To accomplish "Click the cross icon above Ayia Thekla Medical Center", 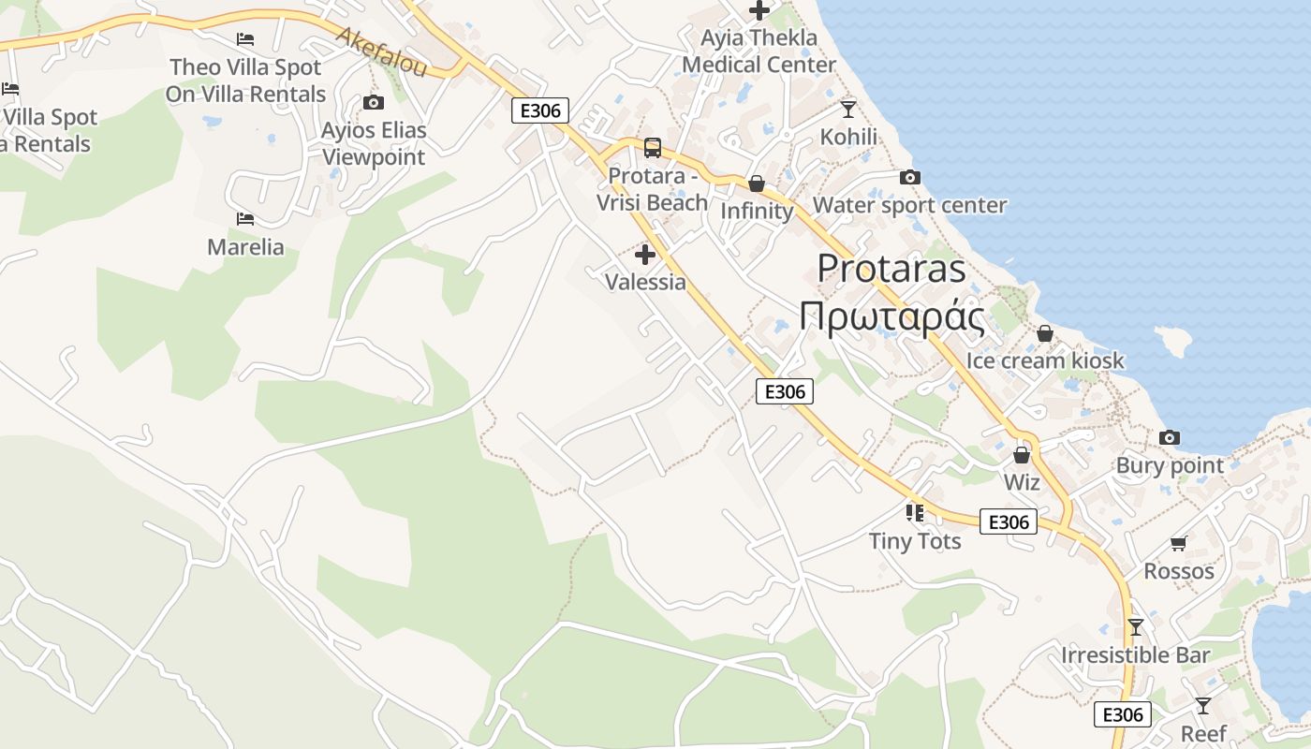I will [x=759, y=10].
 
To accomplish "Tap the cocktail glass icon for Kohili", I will [x=848, y=109].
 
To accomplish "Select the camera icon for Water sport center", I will [x=909, y=177].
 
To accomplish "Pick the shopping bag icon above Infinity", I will [x=757, y=184].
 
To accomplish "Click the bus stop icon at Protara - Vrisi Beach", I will [x=653, y=148].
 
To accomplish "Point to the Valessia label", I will [x=645, y=282].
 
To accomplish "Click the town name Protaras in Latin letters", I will [x=891, y=269].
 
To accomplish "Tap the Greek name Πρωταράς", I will [x=891, y=317].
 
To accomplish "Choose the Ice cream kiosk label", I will [x=1045, y=360].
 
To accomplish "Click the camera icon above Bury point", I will [x=1169, y=437].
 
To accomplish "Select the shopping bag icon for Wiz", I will [x=1022, y=455].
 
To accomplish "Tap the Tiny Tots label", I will [x=915, y=541].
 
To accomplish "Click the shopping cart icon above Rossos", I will [x=1179, y=543].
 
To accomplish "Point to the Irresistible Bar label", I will [x=1135, y=655].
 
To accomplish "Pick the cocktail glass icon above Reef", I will [x=1203, y=705].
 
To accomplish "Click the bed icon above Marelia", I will [x=245, y=219].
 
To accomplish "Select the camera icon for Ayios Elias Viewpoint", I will [x=374, y=102].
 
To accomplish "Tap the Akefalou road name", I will [x=381, y=52].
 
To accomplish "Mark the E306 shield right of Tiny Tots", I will [x=1009, y=521].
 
